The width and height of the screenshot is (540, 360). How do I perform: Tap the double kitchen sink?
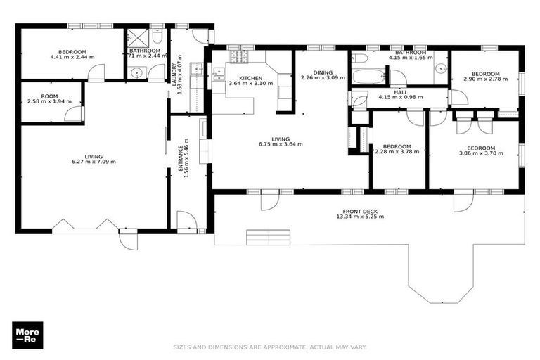coord(219,72)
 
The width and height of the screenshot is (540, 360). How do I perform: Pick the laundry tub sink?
coord(198,69)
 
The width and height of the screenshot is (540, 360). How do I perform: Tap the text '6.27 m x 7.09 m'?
coord(94,162)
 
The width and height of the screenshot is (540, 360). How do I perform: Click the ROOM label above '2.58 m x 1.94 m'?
coord(49,96)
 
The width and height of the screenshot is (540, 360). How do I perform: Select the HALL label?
coord(401,91)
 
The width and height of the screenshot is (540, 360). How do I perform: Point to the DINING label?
coord(323,72)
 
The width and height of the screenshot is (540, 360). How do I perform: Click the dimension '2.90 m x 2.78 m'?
coord(485,80)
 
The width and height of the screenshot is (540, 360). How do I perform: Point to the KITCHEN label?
coord(250,78)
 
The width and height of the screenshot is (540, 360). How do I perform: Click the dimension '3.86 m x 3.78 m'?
coord(476,153)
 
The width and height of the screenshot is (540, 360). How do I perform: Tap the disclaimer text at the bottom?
coord(270,347)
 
